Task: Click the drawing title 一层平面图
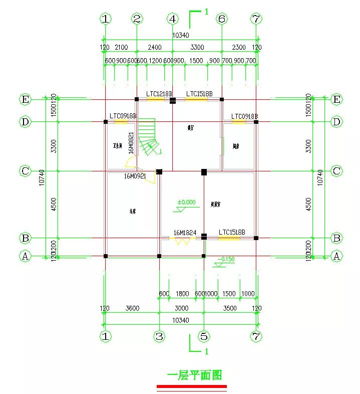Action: (195, 375)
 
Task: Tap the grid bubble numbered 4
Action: (173, 19)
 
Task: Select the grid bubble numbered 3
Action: (159, 336)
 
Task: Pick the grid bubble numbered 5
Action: (204, 336)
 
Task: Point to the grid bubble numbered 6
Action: (222, 19)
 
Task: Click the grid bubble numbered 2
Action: (137, 19)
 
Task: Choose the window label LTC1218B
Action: (159, 94)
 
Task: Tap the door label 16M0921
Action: (135, 176)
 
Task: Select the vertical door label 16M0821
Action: (131, 143)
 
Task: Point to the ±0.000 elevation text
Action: (186, 203)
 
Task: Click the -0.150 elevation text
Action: (226, 259)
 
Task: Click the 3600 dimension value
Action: (132, 308)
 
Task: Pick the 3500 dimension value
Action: (230, 308)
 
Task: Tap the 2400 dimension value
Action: (154, 48)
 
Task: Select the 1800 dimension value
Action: (182, 294)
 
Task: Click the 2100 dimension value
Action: (121, 48)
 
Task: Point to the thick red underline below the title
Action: (192, 386)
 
